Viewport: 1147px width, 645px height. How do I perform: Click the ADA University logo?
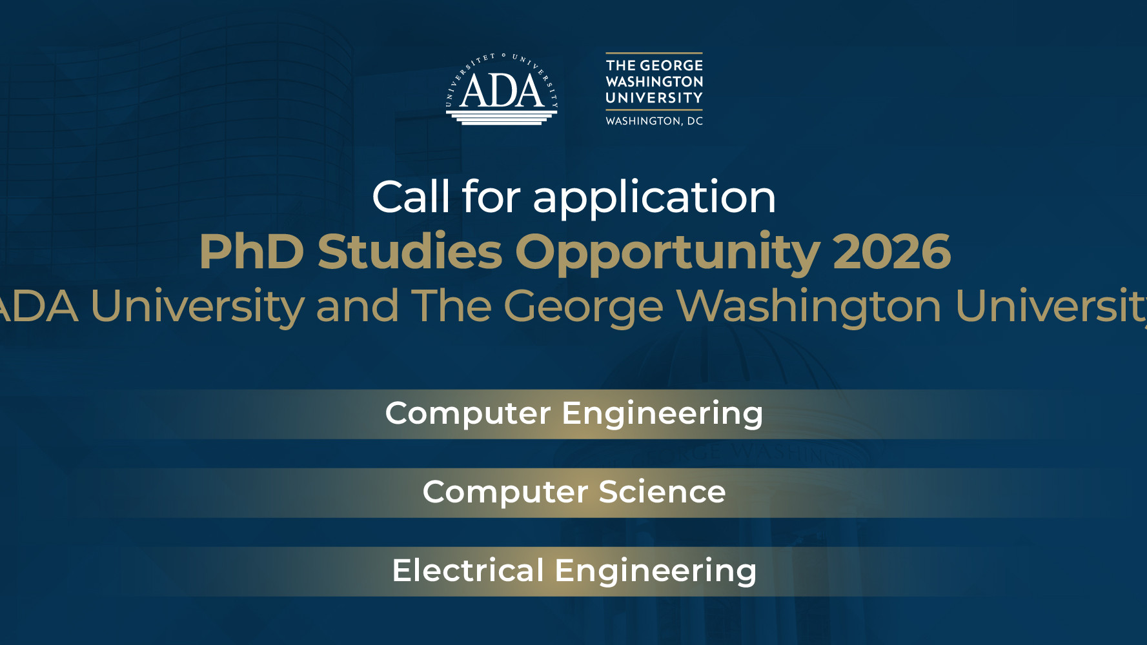point(502,89)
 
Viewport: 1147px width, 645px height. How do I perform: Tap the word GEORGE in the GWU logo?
point(671,66)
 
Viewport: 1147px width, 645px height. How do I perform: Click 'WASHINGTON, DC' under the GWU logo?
point(654,121)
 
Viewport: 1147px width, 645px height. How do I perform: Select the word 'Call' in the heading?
point(411,197)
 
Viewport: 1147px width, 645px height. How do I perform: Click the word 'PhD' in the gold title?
point(252,252)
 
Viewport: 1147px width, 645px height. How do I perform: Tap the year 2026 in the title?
point(891,252)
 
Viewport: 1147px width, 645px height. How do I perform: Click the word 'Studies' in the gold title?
point(409,251)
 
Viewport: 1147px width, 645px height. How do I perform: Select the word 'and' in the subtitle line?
point(357,306)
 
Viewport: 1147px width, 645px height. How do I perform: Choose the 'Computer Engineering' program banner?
point(574,414)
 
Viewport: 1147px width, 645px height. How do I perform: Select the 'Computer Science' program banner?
point(574,493)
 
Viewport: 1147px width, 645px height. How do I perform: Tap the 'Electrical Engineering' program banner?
point(574,571)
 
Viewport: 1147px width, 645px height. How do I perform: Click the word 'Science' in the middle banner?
point(662,492)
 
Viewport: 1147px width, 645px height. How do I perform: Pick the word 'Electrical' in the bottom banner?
point(468,571)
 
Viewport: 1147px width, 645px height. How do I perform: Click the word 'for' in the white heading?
point(491,197)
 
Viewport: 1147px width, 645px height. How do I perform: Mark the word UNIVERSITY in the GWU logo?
point(654,98)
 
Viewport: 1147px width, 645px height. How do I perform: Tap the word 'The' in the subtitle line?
point(451,306)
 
